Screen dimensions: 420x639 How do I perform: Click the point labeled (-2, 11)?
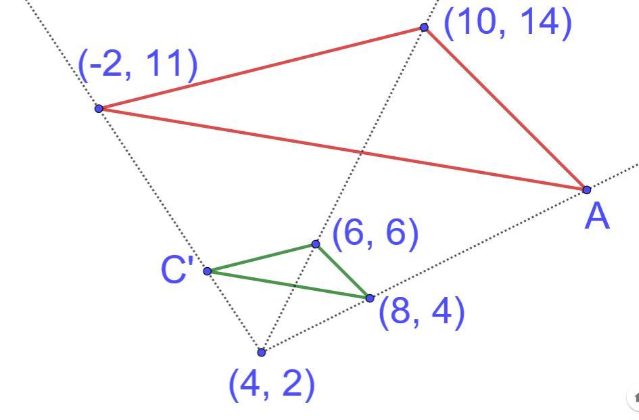(99, 108)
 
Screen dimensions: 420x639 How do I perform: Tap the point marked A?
(586, 189)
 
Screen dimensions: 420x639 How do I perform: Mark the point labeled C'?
(208, 271)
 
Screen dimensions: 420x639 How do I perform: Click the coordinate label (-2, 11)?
(138, 66)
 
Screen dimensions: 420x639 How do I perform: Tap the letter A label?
(597, 218)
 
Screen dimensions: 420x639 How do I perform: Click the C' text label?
(177, 271)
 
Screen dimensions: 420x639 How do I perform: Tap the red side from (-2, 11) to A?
(342, 149)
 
